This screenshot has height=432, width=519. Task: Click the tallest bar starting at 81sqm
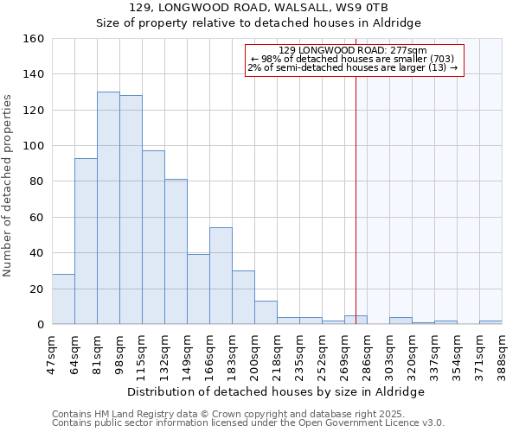click(108, 207)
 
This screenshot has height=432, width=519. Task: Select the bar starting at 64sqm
click(86, 241)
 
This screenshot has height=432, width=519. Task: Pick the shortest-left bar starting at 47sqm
click(63, 299)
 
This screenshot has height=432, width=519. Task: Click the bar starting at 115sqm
click(153, 238)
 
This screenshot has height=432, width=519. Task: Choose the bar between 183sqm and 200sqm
click(243, 297)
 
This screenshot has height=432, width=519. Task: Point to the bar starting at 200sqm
click(266, 312)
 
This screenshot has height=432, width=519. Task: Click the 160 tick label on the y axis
click(34, 39)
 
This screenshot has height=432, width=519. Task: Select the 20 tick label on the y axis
click(37, 289)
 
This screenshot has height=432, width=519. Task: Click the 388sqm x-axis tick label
click(502, 353)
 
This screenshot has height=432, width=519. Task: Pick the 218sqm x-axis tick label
click(277, 353)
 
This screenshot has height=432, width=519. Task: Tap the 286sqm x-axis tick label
click(367, 353)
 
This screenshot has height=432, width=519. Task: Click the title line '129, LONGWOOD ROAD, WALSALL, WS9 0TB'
click(259, 8)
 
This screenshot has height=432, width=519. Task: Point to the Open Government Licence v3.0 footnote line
click(248, 422)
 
